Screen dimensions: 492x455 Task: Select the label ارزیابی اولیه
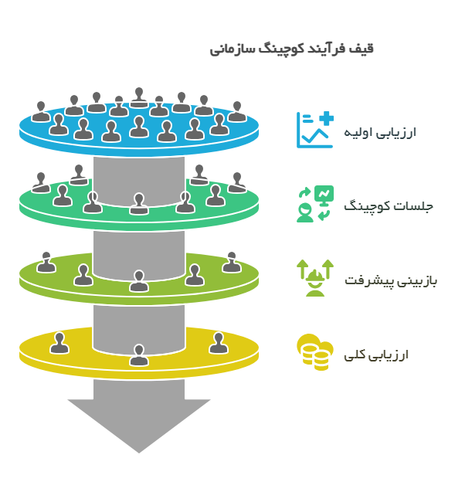[382, 131]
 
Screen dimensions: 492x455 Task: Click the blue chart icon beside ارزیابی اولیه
[314, 130]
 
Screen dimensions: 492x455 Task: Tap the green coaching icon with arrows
[314, 204]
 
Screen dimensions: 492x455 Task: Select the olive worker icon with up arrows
[314, 278]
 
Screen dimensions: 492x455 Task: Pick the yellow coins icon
[314, 353]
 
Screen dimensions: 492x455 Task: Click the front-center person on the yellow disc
[139, 355]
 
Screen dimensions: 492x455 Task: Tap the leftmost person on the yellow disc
[59, 342]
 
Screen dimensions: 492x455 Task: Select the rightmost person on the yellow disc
[218, 343]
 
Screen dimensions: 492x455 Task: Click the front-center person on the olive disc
[139, 281]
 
